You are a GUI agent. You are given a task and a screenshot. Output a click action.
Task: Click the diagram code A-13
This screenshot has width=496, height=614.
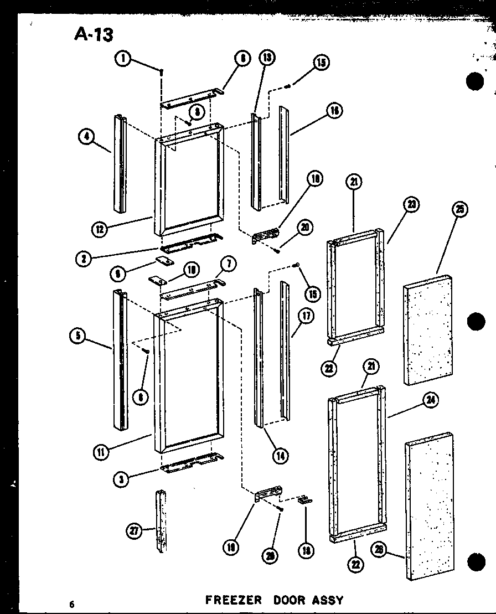point(94,35)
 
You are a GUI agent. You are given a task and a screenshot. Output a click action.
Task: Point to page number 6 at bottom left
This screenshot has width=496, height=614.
point(72,604)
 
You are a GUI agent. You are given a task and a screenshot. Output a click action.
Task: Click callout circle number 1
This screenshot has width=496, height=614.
point(124,58)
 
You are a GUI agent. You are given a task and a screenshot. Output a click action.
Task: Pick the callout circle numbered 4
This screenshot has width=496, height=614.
point(86,136)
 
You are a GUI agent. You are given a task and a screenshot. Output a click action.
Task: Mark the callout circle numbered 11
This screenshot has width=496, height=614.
point(100,452)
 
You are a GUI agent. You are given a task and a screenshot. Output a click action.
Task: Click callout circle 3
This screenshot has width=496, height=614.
point(121,479)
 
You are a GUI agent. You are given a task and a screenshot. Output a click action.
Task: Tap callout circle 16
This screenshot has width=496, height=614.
point(334,111)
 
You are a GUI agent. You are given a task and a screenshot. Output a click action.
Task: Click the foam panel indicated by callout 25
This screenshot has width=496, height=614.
point(429,329)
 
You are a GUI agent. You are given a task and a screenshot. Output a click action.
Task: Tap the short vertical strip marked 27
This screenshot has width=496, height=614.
point(161,520)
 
